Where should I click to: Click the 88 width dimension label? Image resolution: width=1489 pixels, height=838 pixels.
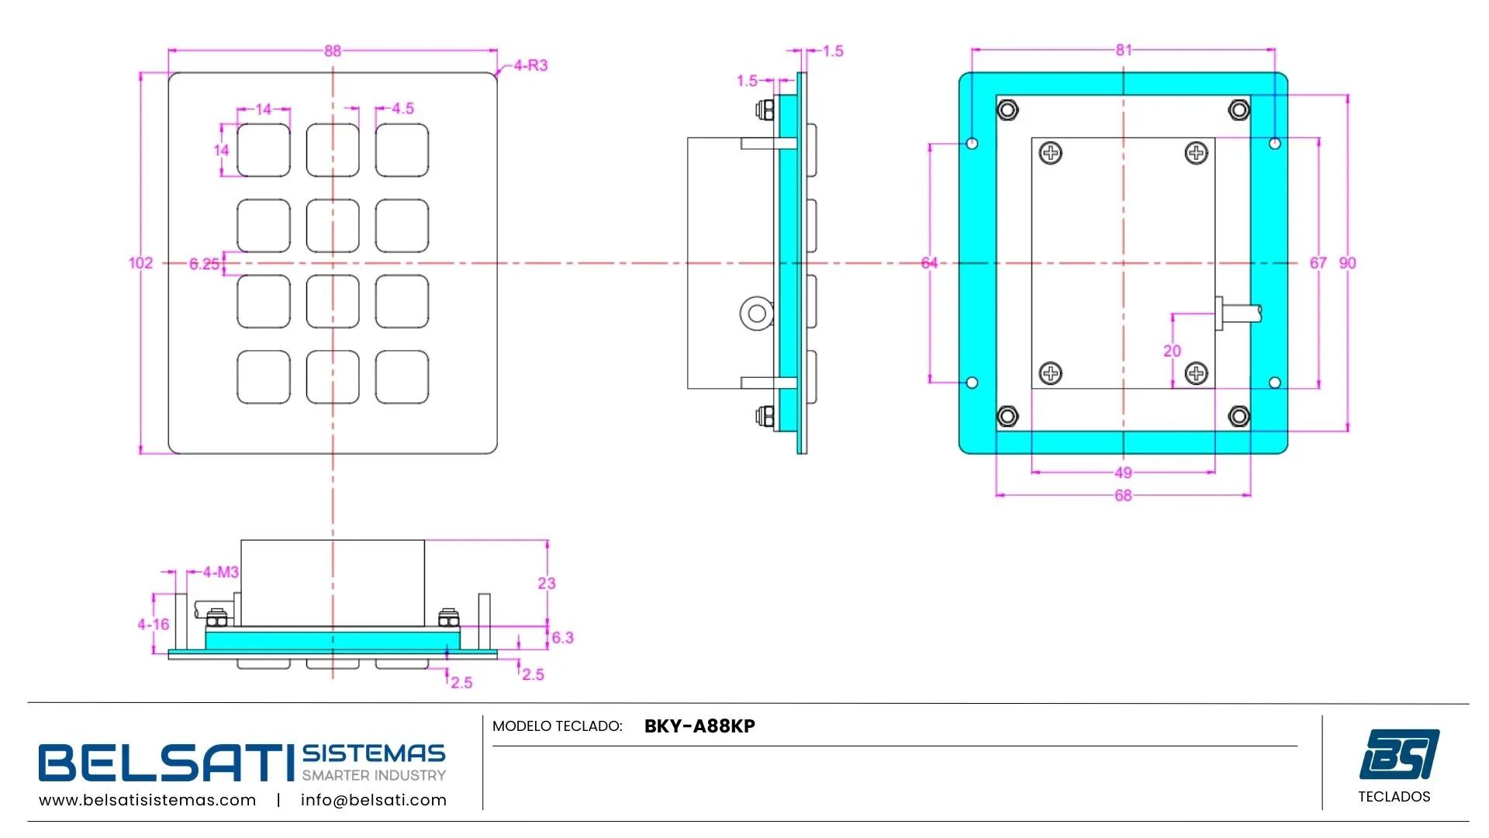click(333, 51)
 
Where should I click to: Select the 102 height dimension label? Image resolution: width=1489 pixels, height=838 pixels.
click(140, 263)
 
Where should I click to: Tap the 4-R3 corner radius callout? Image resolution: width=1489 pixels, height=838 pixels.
click(530, 66)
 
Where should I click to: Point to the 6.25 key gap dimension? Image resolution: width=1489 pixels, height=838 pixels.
click(204, 264)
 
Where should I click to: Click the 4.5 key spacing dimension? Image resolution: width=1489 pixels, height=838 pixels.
click(402, 109)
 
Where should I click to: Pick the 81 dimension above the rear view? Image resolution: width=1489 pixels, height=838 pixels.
click(1124, 50)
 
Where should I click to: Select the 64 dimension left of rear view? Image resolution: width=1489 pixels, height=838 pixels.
click(929, 263)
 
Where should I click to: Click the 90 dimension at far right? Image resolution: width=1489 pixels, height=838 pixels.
click(1348, 263)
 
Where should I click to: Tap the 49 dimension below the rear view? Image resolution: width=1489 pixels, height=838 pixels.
click(1123, 473)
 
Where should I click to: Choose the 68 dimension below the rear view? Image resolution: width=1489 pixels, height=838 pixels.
click(1123, 496)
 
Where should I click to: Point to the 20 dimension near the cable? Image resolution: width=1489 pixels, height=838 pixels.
click(1172, 351)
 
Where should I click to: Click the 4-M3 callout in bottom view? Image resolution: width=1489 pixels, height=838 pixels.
click(221, 573)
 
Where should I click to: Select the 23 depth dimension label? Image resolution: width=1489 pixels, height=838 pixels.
click(547, 583)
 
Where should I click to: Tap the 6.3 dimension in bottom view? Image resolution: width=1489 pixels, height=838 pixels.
click(562, 638)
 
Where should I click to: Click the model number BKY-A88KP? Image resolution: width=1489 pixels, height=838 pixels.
click(700, 726)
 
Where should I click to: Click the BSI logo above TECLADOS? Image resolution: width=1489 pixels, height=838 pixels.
click(1399, 753)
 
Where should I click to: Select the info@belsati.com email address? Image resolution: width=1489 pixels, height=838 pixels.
click(374, 800)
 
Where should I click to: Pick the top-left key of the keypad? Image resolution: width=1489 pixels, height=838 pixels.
click(264, 151)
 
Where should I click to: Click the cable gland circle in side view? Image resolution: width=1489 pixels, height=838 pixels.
click(756, 313)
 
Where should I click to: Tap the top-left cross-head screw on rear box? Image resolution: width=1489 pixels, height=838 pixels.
click(1051, 153)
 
